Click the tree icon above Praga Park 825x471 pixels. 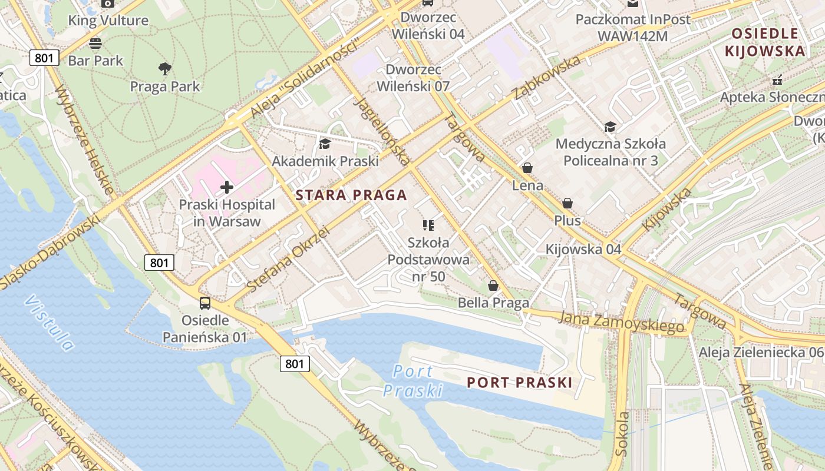click(x=165, y=69)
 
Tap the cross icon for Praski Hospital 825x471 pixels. click(x=227, y=188)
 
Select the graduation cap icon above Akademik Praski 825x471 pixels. click(x=325, y=144)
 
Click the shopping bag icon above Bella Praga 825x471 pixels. click(x=493, y=286)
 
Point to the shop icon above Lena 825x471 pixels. click(x=527, y=168)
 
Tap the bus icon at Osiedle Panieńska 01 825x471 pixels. click(x=205, y=303)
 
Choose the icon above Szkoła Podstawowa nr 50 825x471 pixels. click(x=428, y=225)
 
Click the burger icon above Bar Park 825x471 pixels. click(x=95, y=43)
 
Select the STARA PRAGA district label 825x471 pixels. click(x=351, y=195)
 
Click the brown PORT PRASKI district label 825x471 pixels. click(x=519, y=383)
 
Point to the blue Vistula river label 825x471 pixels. click(x=50, y=323)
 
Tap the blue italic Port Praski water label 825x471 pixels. click(x=412, y=381)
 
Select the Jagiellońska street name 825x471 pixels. click(x=382, y=130)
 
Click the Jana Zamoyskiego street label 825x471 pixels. click(x=622, y=322)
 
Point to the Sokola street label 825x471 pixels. click(x=622, y=434)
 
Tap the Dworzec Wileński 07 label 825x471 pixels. click(x=413, y=78)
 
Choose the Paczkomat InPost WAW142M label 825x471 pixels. click(x=633, y=28)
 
